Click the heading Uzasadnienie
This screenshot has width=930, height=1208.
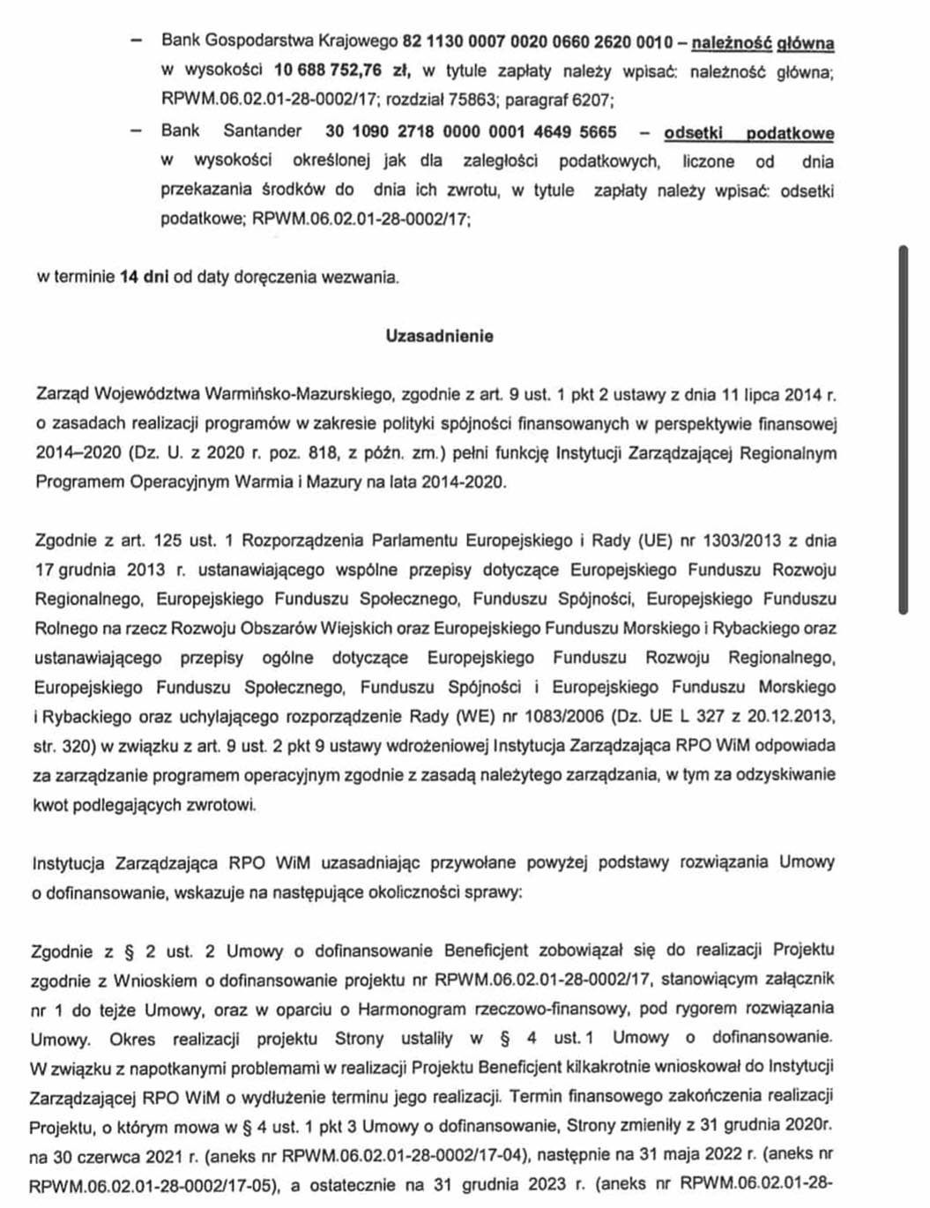click(x=439, y=336)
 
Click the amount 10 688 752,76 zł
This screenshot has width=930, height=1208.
click(x=327, y=71)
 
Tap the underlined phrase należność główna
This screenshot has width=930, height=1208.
click(x=763, y=42)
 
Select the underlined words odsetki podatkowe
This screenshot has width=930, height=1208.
click(x=748, y=133)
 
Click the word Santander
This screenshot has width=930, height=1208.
click(x=262, y=131)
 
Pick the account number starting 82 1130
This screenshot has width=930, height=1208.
click(x=537, y=41)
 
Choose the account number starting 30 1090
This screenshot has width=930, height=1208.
click(x=471, y=131)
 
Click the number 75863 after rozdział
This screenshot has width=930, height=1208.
click(x=471, y=100)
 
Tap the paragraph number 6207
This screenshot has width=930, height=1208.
click(x=591, y=100)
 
